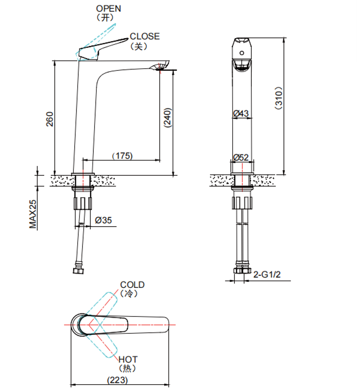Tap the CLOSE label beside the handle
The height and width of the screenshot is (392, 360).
coord(144,37)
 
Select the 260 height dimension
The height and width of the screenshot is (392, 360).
coord(50,119)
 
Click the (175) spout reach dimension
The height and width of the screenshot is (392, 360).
coord(122,155)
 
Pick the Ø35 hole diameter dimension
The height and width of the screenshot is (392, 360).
coord(103,220)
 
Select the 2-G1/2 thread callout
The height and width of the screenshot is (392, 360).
coord(267,275)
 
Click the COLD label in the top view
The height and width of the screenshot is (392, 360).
coord(132,285)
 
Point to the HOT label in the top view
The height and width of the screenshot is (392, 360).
coord(128,360)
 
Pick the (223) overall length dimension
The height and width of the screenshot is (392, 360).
coord(117,380)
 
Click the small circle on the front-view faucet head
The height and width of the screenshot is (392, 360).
coord(242,53)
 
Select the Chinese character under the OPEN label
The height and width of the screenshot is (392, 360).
coord(105,18)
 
